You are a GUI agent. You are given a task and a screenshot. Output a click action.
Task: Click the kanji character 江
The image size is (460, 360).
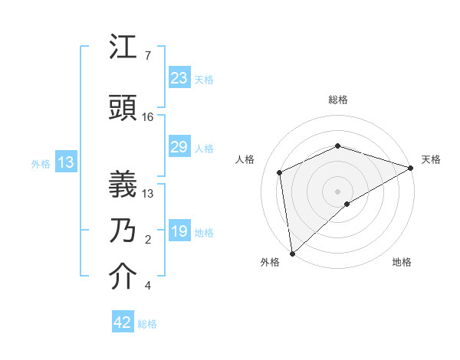pyautogui.click(x=123, y=48)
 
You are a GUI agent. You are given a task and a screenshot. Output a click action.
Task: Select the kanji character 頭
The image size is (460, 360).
pyautogui.click(x=123, y=109)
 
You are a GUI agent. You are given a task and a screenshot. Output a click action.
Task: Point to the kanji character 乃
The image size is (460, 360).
pyautogui.click(x=123, y=231)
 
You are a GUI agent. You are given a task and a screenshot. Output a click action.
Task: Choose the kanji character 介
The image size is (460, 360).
pyautogui.click(x=123, y=277)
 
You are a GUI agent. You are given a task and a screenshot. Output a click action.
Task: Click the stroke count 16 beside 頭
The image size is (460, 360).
pyautogui.click(x=148, y=117)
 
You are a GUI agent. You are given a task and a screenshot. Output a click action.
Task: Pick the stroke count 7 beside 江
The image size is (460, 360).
pyautogui.click(x=147, y=57)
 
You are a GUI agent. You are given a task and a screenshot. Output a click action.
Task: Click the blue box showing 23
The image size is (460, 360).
pyautogui.click(x=179, y=78)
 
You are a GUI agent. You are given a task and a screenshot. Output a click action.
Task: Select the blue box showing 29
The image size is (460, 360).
pyautogui.click(x=179, y=147)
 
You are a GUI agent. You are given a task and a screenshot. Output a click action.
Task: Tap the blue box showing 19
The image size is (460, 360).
pyautogui.click(x=179, y=231)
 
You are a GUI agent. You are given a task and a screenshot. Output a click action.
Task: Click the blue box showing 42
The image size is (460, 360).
pyautogui.click(x=122, y=322)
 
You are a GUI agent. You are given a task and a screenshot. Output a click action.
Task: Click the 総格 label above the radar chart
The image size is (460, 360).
pyautogui.click(x=337, y=100)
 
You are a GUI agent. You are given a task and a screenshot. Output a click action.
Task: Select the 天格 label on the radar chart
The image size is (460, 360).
pyautogui.click(x=431, y=159)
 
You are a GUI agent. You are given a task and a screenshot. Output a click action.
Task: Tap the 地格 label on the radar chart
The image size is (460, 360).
pyautogui.click(x=402, y=262)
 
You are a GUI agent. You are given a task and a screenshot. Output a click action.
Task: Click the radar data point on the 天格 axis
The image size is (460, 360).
pyautogui.click(x=410, y=168)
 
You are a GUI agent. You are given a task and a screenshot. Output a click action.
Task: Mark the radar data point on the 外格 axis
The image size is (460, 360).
pyautogui.click(x=291, y=253)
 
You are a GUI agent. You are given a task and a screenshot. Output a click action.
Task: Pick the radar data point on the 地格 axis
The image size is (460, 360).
pyautogui.click(x=347, y=204)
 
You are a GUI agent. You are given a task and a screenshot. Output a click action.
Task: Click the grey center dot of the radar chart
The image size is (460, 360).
pyautogui.click(x=337, y=191)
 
